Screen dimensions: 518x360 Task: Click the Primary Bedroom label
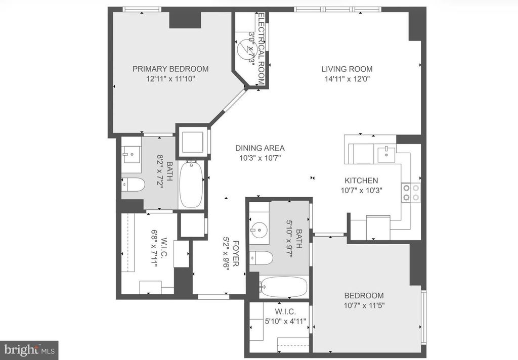[170, 69]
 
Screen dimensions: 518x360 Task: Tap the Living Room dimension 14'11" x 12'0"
[347, 79]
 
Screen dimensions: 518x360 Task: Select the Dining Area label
[260, 148]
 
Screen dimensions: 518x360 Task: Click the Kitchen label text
[361, 181]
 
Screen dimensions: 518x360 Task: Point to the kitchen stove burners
[411, 193]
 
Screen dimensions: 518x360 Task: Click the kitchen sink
[386, 155]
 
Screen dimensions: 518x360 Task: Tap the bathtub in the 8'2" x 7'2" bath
[191, 184]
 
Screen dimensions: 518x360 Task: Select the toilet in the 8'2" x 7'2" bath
[133, 184]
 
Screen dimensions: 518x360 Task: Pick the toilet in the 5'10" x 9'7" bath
[261, 258]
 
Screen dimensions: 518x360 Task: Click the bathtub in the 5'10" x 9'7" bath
[284, 287]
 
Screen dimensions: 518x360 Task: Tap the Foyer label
[236, 254]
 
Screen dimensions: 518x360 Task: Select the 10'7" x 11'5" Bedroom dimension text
[364, 305]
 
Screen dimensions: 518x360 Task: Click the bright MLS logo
[29, 350]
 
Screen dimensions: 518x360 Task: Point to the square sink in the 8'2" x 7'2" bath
[132, 155]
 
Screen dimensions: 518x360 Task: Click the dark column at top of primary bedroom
[185, 20]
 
